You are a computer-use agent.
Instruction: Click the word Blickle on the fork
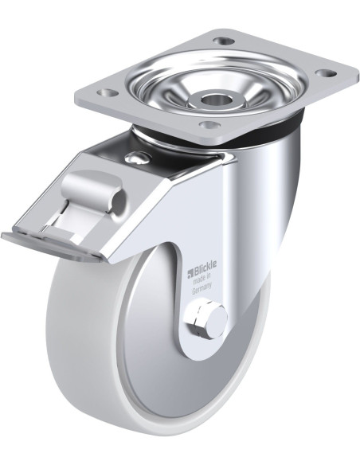[205, 264]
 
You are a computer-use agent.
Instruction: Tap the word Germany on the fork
[202, 288]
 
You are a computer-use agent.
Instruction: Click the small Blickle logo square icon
[190, 273]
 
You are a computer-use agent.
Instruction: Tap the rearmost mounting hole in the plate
[224, 41]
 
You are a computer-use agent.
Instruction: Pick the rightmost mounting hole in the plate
[325, 72]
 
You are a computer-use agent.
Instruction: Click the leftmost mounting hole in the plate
[108, 93]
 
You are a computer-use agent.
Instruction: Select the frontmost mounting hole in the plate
[209, 124]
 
